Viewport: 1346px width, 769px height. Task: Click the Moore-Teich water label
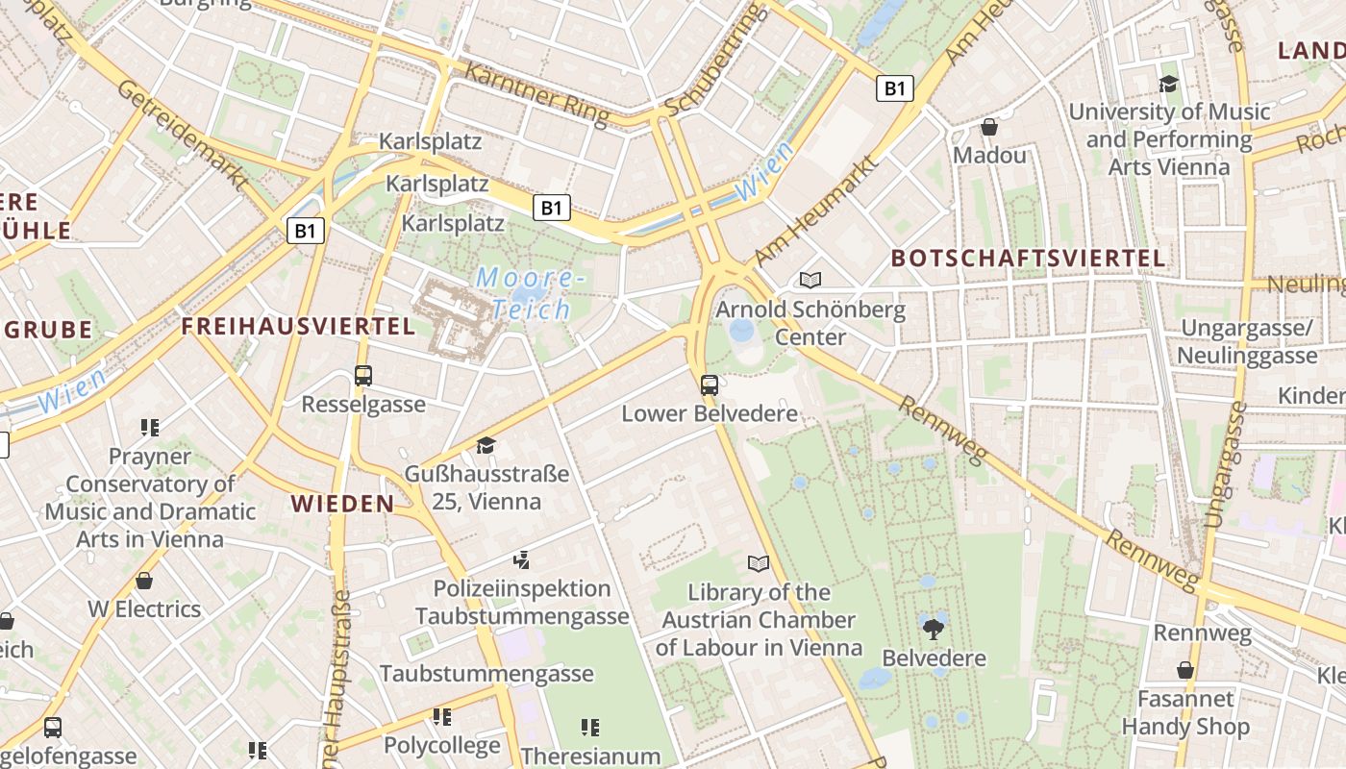[531, 294]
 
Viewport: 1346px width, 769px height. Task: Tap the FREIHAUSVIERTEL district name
[298, 326]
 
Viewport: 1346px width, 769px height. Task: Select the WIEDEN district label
[343, 504]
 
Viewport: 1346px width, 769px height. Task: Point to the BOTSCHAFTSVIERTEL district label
[1028, 258]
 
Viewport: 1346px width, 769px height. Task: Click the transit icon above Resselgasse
[363, 376]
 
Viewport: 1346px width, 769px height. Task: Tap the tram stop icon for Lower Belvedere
[710, 385]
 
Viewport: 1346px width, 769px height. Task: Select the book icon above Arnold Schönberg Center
[810, 280]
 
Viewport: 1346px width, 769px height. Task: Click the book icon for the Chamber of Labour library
[759, 563]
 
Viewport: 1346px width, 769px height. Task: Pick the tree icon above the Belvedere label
[933, 630]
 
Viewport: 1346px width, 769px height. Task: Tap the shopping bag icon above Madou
[988, 127]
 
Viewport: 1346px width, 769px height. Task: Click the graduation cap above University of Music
[1168, 84]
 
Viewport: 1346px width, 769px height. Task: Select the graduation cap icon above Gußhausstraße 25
[486, 445]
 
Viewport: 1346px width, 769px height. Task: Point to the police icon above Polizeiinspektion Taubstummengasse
[521, 559]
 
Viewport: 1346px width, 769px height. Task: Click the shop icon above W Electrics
[144, 581]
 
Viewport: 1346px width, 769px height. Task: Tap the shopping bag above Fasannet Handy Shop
[1185, 670]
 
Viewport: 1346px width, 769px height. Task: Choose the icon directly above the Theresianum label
[590, 728]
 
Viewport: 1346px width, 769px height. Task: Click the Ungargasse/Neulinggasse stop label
[1246, 341]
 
